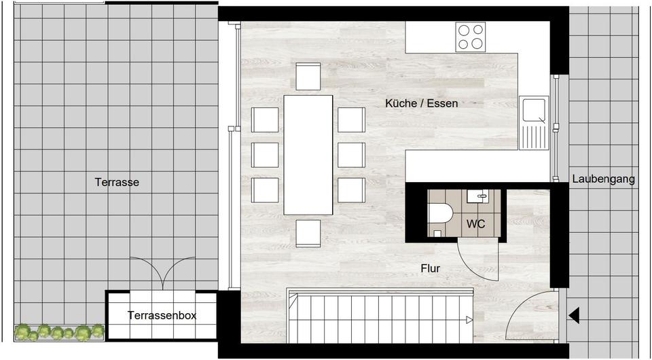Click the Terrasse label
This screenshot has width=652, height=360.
(x=117, y=182)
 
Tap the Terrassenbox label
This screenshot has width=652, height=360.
(x=162, y=315)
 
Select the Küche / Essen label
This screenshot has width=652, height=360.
(x=421, y=104)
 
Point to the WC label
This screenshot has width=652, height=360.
(x=476, y=223)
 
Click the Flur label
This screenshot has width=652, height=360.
(x=430, y=268)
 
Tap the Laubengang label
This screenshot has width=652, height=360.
(x=603, y=179)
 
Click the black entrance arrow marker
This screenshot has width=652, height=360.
(x=574, y=315)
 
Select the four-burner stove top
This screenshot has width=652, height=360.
(x=471, y=37)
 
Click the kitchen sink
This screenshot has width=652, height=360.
(x=532, y=122)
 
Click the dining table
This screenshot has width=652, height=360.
(x=308, y=155)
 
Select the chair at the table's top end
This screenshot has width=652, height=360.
(x=308, y=76)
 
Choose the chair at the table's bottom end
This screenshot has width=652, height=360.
(x=308, y=234)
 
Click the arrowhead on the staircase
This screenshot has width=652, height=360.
(x=469, y=320)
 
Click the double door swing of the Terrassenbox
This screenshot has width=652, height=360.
(x=161, y=273)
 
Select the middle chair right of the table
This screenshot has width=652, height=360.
(x=351, y=155)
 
